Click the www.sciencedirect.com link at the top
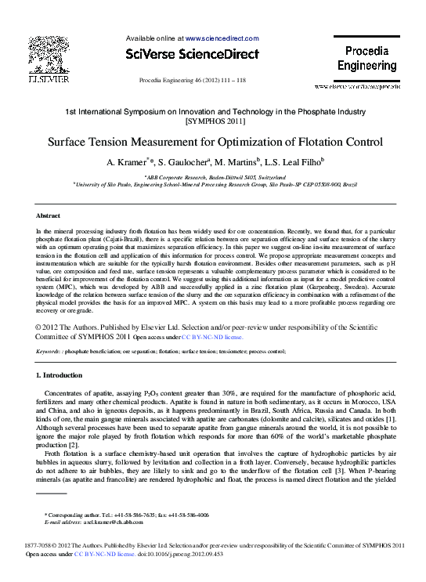click(222, 38)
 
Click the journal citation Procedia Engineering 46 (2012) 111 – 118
click(192, 81)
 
